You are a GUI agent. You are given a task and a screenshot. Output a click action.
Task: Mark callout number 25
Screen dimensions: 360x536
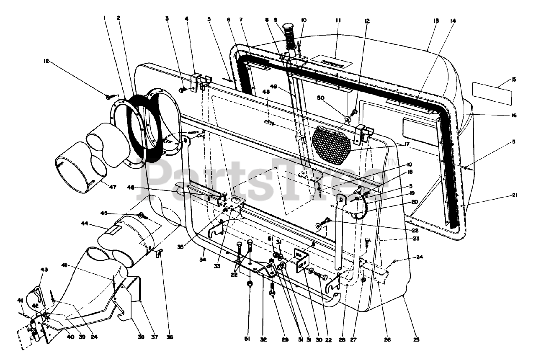pyautogui.click(x=415, y=340)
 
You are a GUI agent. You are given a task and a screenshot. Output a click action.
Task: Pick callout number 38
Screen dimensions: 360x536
pyautogui.click(x=141, y=337)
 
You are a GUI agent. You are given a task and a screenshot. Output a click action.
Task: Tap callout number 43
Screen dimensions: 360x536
pyautogui.click(x=32, y=268)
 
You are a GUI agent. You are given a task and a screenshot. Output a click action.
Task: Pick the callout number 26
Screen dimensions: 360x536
pyautogui.click(x=388, y=340)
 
